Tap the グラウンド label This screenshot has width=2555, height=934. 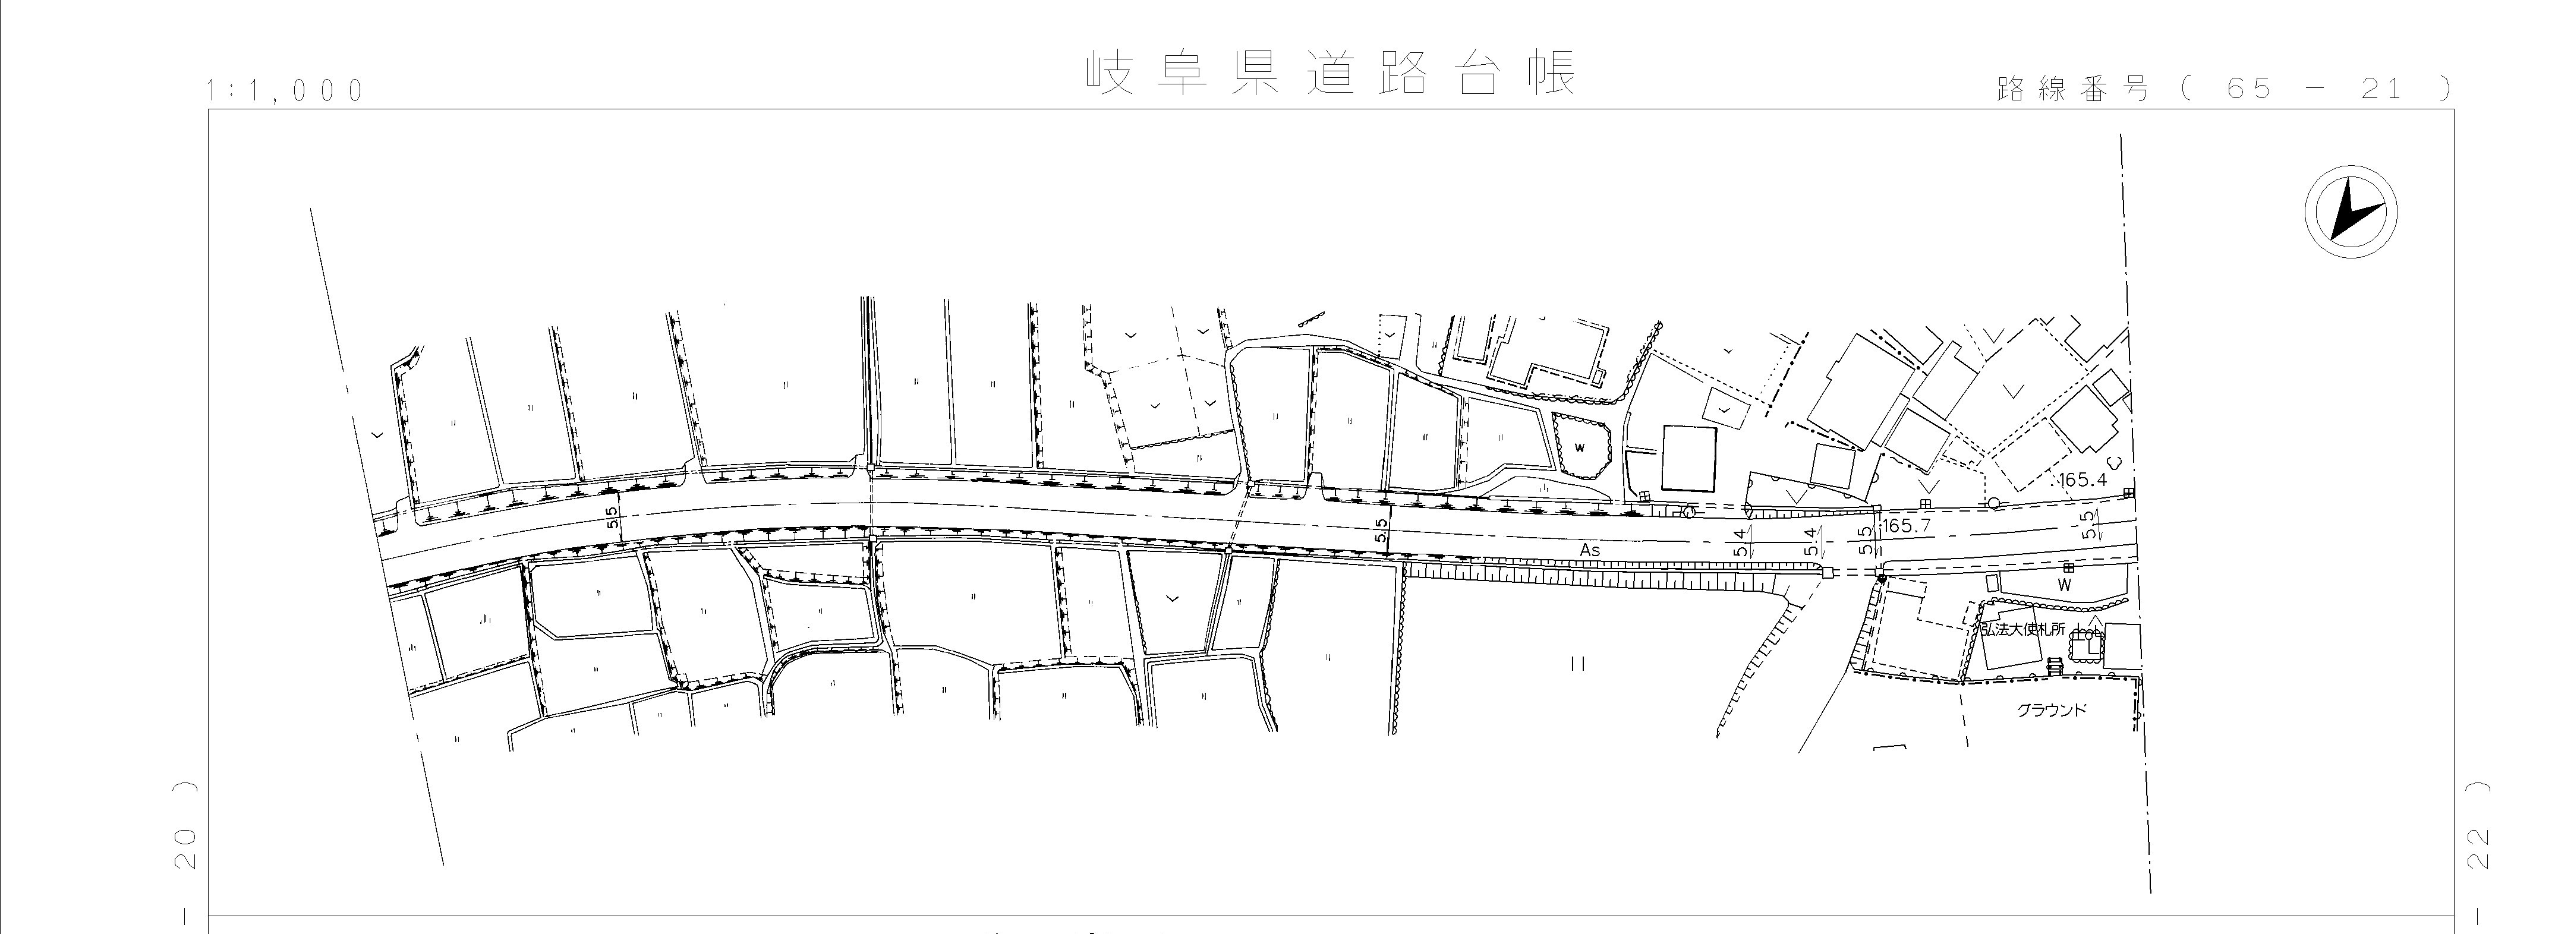coord(2051,710)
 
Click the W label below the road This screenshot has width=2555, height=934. coord(2065,586)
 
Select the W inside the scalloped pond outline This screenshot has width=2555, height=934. coord(1579,447)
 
